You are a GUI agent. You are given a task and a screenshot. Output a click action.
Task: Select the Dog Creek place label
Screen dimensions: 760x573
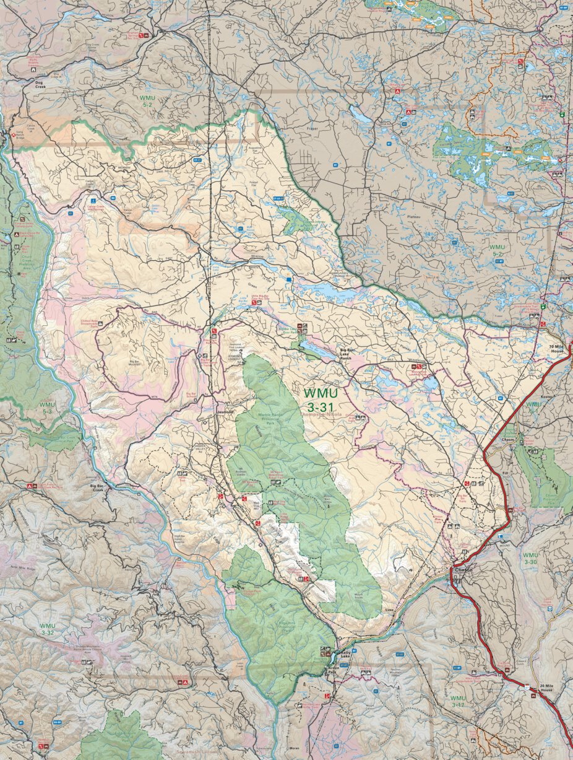tap(40, 85)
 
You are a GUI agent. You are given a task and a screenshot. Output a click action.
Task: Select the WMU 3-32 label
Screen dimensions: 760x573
tap(48, 629)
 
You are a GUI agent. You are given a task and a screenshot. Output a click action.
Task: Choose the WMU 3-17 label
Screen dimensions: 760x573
tap(458, 702)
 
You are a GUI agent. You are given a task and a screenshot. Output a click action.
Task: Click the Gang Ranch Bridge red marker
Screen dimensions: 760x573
tap(13, 134)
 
